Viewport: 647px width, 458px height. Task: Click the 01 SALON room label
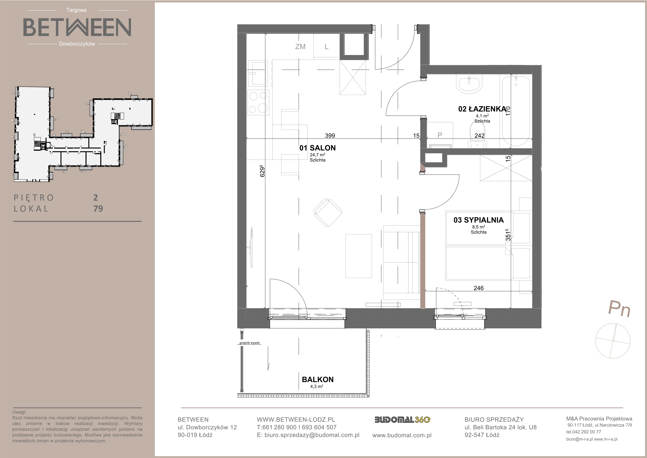tap(317, 148)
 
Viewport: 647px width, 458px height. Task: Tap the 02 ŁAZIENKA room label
tap(482, 109)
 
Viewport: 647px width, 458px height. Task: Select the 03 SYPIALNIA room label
tap(479, 220)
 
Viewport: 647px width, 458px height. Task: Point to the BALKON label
tap(318, 380)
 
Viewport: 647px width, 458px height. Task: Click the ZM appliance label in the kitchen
tap(300, 47)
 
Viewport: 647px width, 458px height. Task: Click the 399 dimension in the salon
tap(330, 136)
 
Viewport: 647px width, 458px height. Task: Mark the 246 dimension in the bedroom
tap(479, 288)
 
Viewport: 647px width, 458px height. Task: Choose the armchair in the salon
tap(328, 212)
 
